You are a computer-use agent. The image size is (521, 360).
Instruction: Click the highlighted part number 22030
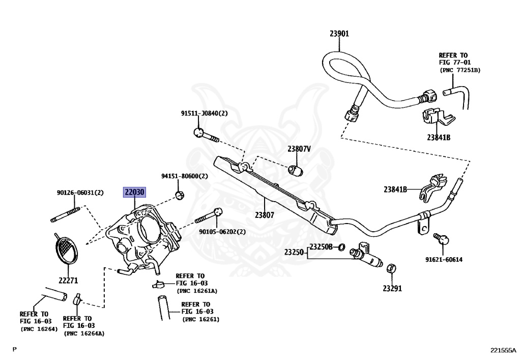point(134,192)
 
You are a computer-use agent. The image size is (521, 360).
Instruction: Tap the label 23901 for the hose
point(339,34)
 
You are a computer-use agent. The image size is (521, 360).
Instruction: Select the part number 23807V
point(299,149)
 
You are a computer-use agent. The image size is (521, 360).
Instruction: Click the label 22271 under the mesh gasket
point(68,281)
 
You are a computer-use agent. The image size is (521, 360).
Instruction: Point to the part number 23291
point(392,288)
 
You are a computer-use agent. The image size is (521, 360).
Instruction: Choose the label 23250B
point(321,246)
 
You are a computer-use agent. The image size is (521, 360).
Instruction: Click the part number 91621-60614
point(444,259)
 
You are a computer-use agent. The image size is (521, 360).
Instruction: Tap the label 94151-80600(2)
point(185,176)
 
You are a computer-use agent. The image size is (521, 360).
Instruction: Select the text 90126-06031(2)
point(80,192)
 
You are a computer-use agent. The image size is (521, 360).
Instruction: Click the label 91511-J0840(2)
point(205,114)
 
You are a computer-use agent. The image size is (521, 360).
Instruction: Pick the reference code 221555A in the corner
point(503,350)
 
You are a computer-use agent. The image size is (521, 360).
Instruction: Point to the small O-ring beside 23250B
point(341,247)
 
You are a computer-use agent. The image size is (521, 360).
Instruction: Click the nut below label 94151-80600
point(180,195)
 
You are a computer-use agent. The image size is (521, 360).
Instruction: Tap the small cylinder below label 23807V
point(296,171)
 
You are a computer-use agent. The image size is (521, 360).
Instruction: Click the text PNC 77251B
point(460,70)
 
